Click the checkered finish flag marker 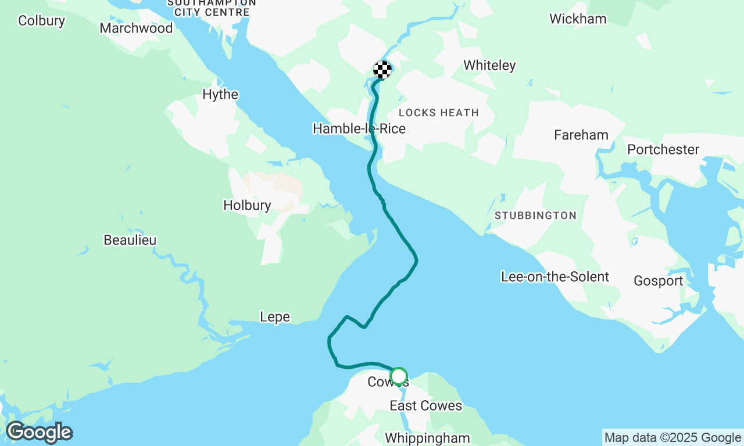point(382,70)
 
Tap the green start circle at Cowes point(398,376)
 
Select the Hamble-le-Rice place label point(359,128)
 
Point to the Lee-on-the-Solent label point(555,277)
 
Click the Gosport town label point(658,281)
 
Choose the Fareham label point(581,135)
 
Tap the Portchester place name point(663,150)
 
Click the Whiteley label point(489,66)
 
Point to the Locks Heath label point(439,113)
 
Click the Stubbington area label point(535,215)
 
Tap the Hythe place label point(220,95)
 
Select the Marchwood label point(136,28)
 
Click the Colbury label point(41,21)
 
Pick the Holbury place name point(247,206)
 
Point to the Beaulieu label point(130,240)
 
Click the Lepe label point(274,317)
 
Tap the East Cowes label point(425,406)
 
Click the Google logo point(39,433)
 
